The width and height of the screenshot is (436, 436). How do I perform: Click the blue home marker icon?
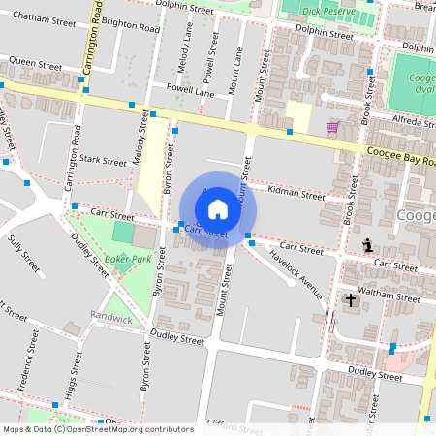[x=218, y=208]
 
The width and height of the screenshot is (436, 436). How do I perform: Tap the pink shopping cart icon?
[x=332, y=127]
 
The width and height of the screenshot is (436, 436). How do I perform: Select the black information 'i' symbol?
[x=366, y=244]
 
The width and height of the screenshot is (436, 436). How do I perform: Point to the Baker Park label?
[x=129, y=260]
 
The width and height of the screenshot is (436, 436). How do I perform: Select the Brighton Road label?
[x=132, y=28]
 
